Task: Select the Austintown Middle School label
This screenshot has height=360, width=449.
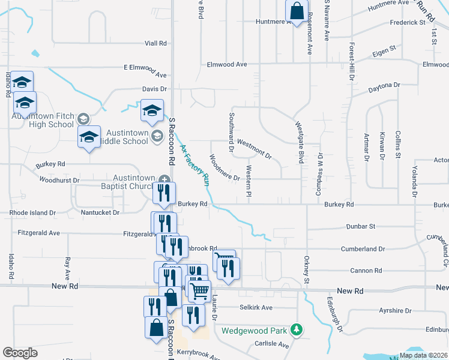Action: click(x=127, y=137)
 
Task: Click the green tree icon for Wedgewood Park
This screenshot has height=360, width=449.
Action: click(x=296, y=329)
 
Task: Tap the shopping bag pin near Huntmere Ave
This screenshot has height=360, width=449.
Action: click(x=297, y=11)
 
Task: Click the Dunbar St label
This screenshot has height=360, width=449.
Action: click(x=360, y=227)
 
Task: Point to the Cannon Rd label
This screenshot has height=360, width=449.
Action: click(x=362, y=271)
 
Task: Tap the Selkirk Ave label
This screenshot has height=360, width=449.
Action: click(x=256, y=308)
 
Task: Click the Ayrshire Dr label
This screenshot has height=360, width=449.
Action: click(x=395, y=311)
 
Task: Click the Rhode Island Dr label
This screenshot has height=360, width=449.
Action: click(x=32, y=212)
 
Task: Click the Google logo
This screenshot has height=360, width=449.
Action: click(x=20, y=353)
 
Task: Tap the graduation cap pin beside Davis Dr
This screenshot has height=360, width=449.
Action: click(x=152, y=111)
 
